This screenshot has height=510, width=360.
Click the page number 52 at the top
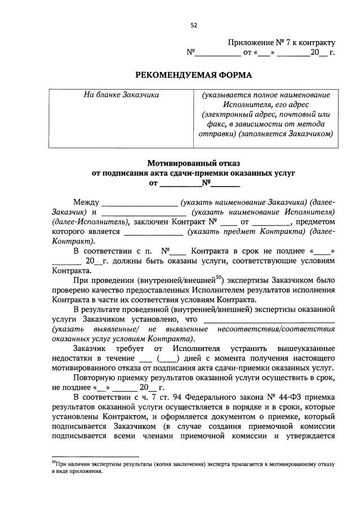point(194,25)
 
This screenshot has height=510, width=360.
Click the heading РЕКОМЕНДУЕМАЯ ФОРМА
point(194,75)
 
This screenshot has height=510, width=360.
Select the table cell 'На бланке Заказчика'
point(121,95)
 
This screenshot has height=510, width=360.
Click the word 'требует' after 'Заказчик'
point(135,349)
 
